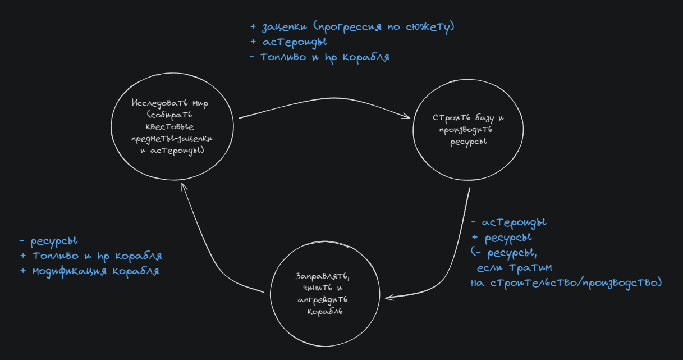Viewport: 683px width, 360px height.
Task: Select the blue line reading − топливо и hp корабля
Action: [x=319, y=57]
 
